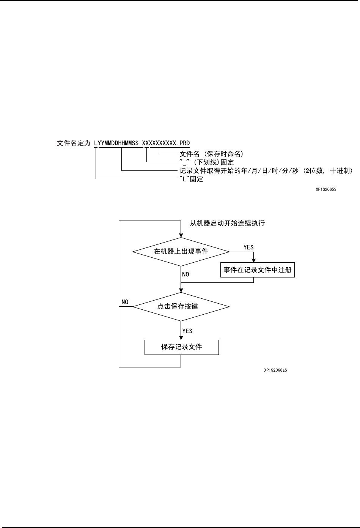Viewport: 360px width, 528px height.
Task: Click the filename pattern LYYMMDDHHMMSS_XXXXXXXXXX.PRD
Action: click(x=142, y=143)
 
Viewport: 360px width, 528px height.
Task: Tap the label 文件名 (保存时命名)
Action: click(x=211, y=154)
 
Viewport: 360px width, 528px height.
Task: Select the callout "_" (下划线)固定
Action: click(x=206, y=162)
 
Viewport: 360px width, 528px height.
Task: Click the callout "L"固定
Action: click(x=191, y=179)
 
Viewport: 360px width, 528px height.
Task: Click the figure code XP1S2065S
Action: click(x=326, y=189)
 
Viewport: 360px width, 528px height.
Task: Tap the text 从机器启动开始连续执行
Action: click(x=227, y=223)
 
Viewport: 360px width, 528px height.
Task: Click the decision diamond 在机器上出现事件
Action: click(x=181, y=251)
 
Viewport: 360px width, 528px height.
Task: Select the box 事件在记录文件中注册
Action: click(x=258, y=270)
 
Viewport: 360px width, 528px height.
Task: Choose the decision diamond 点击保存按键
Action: click(x=181, y=306)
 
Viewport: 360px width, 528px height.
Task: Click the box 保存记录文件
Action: click(x=181, y=347)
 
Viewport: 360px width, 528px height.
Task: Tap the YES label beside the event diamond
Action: click(x=248, y=247)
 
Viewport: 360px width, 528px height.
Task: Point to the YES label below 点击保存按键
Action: click(x=187, y=331)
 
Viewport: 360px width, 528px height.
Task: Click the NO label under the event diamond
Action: click(x=186, y=274)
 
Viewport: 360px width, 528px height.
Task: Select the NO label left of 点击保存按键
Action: click(x=125, y=302)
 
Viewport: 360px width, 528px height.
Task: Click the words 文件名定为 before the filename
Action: click(x=74, y=143)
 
